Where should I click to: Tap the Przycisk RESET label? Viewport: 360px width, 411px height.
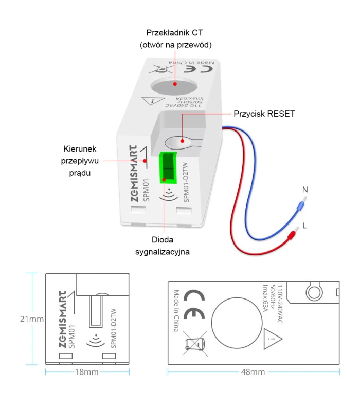pos(264,114)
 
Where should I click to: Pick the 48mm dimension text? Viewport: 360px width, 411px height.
pos(253,372)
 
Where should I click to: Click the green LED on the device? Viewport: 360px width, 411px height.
pos(168,167)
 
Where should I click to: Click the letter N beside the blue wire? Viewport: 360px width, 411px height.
pos(305,190)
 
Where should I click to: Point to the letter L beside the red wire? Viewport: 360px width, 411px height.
pos(305,226)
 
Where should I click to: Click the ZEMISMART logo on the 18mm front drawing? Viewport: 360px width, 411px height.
pos(61,310)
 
